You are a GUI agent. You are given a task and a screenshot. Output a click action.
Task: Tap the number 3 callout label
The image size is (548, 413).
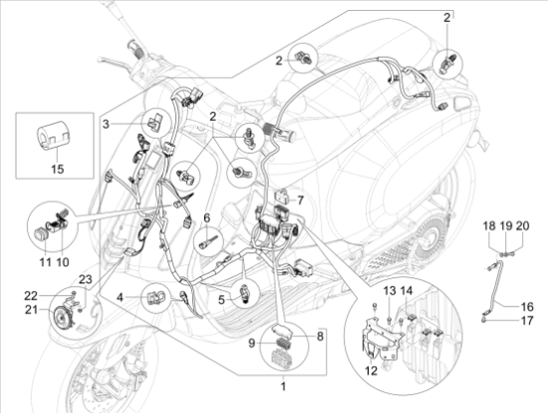point(106,124)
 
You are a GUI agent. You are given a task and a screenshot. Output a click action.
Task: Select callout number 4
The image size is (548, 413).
point(120,296)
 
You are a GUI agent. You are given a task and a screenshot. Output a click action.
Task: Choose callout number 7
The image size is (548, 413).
point(302,202)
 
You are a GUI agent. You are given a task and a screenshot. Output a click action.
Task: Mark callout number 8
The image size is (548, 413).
point(321,337)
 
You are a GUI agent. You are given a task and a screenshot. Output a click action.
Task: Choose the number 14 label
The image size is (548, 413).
point(407,290)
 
